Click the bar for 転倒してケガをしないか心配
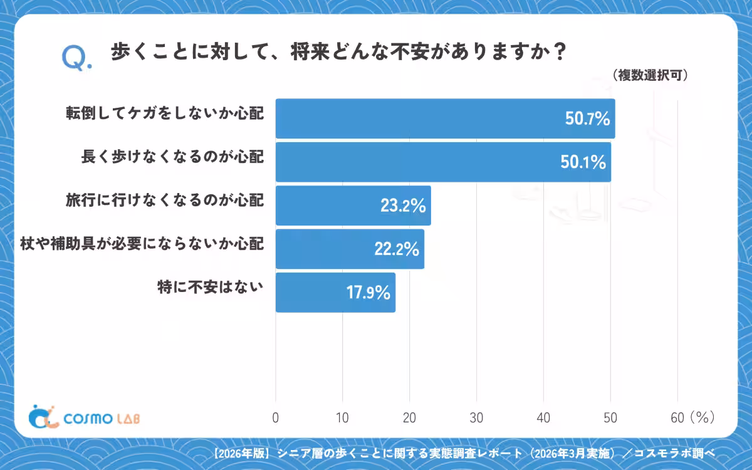tap(445, 118)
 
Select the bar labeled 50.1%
tap(443, 162)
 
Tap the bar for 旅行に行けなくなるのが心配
tap(353, 206)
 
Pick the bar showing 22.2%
tap(350, 249)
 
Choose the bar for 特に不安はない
tap(335, 293)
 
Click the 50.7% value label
tap(588, 118)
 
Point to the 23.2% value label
tap(403, 206)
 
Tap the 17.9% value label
tap(368, 293)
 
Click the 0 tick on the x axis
tap(276, 418)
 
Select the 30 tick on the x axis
tap(476, 418)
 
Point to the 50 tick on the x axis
tap(610, 418)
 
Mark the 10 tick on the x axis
tap(342, 418)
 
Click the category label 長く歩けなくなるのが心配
tap(172, 157)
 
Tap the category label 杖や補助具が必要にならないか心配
tap(142, 244)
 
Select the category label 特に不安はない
tap(211, 287)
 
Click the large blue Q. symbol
tap(76, 58)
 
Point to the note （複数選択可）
tap(650, 75)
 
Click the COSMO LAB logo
tap(84, 417)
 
